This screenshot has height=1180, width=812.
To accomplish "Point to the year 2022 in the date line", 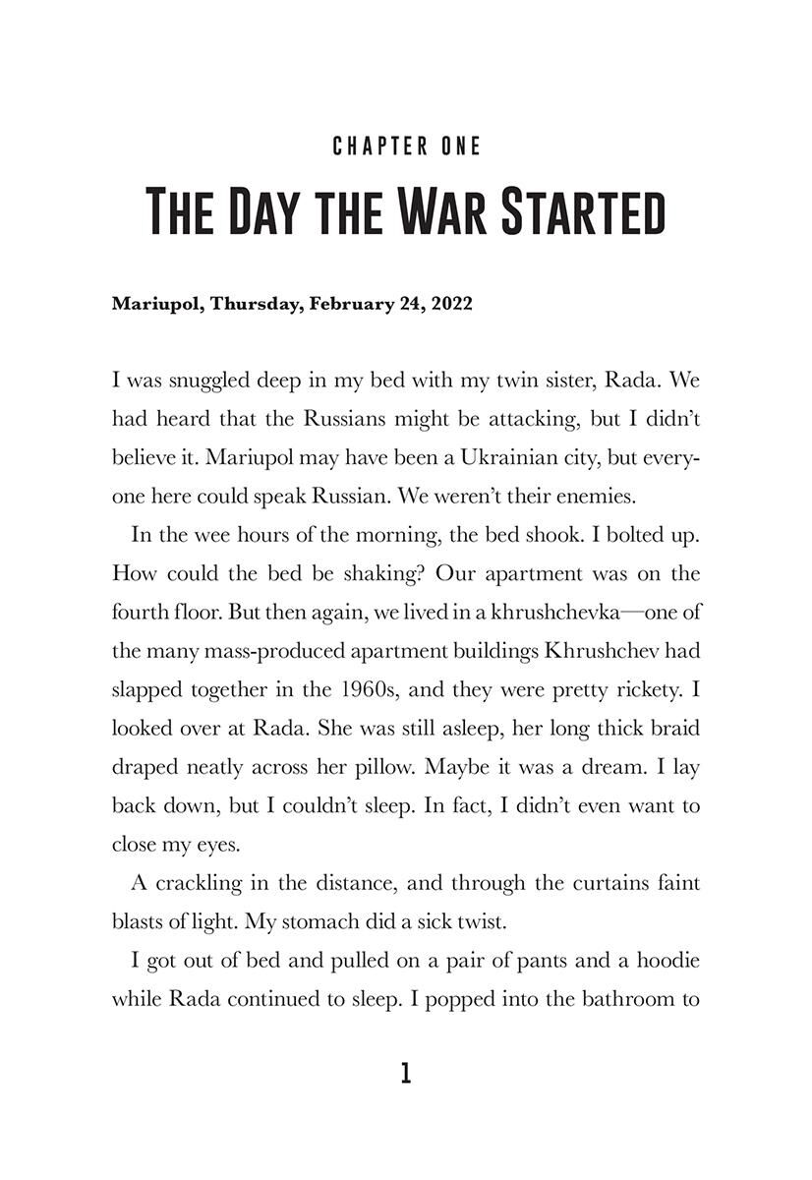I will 450,304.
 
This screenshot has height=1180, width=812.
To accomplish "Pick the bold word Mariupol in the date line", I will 154,304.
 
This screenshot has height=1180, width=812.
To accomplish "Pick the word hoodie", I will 668,960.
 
